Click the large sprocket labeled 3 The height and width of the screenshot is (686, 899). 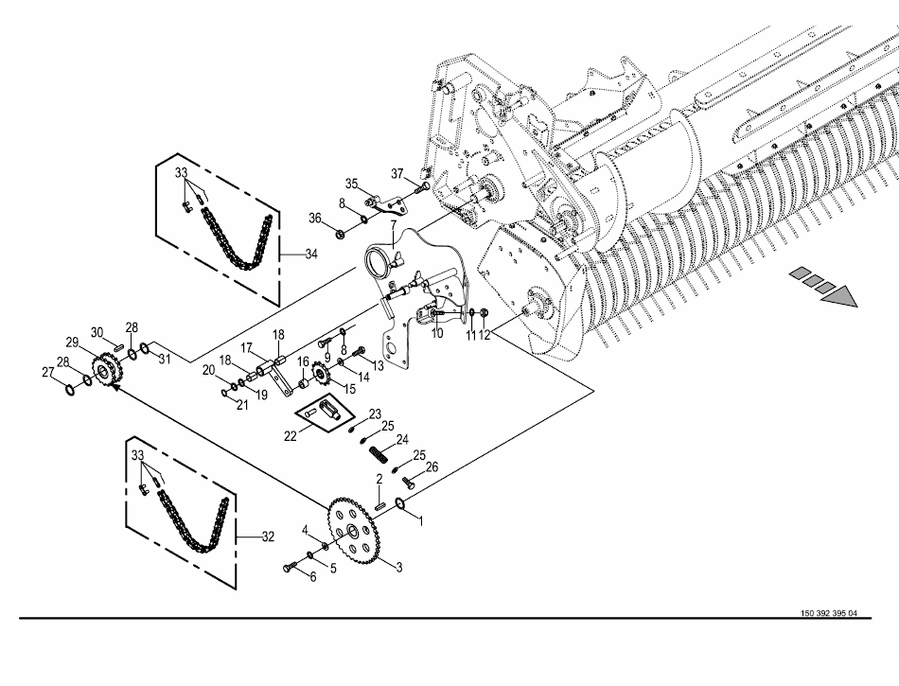(355, 534)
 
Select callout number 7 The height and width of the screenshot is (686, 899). (390, 224)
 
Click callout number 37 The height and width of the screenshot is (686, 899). (398, 172)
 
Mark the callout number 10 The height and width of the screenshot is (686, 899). (437, 334)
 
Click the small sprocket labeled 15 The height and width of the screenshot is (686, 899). (322, 377)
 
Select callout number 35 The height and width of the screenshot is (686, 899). (350, 183)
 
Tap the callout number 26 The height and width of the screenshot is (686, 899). (432, 467)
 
